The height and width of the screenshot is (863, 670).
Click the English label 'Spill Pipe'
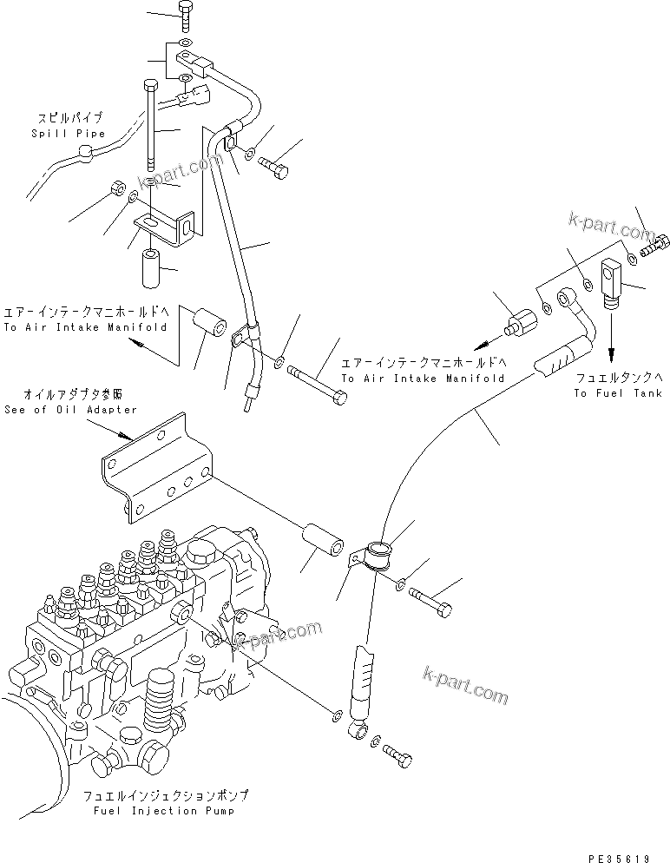click(x=68, y=134)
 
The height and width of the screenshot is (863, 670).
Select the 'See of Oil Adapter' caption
click(x=70, y=410)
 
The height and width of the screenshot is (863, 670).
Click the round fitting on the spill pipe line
click(x=106, y=156)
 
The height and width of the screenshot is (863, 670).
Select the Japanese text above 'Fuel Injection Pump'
click(x=165, y=795)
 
